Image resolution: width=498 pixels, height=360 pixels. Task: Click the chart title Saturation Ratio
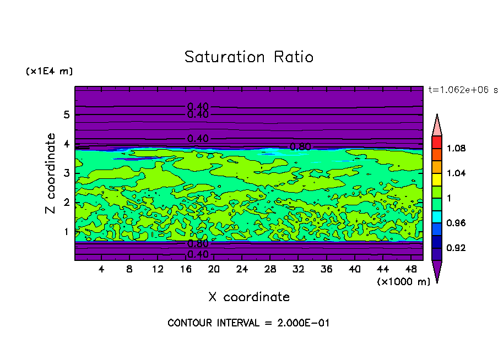click(x=249, y=57)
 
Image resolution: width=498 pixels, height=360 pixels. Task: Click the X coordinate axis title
click(x=249, y=297)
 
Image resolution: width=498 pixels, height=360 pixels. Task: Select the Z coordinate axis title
click(x=51, y=173)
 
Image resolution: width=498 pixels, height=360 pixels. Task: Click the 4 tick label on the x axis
click(x=101, y=269)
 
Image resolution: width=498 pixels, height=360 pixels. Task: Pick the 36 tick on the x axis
click(x=327, y=269)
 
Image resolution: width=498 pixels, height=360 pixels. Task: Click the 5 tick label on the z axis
click(x=66, y=115)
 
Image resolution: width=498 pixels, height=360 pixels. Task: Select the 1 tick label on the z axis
click(x=66, y=232)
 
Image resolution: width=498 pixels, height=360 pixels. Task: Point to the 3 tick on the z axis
click(x=66, y=173)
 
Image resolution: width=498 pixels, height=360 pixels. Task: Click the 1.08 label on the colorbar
click(x=457, y=148)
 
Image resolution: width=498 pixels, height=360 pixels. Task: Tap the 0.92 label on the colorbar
click(x=457, y=248)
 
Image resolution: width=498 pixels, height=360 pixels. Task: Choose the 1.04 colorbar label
click(x=457, y=173)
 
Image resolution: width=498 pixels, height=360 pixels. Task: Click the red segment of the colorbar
click(x=437, y=142)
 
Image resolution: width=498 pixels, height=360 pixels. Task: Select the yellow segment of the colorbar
click(x=437, y=179)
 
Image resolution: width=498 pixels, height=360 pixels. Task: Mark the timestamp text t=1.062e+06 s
click(x=463, y=90)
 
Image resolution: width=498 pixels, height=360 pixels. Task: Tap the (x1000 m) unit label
click(x=404, y=281)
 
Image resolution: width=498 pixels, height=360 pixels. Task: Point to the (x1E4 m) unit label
click(x=49, y=72)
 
